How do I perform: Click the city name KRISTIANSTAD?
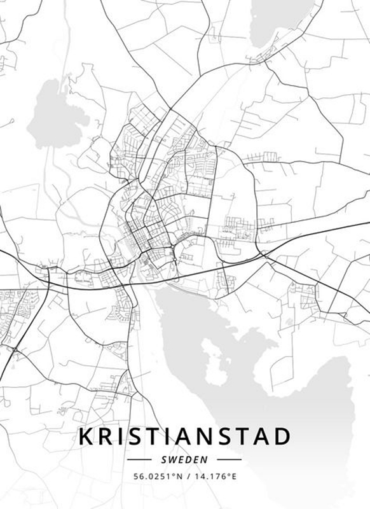pyautogui.click(x=184, y=437)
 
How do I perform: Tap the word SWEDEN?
pyautogui.click(x=184, y=459)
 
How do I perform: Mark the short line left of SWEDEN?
pyautogui.click(x=144, y=459)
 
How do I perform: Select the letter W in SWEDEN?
pyautogui.click(x=174, y=459)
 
